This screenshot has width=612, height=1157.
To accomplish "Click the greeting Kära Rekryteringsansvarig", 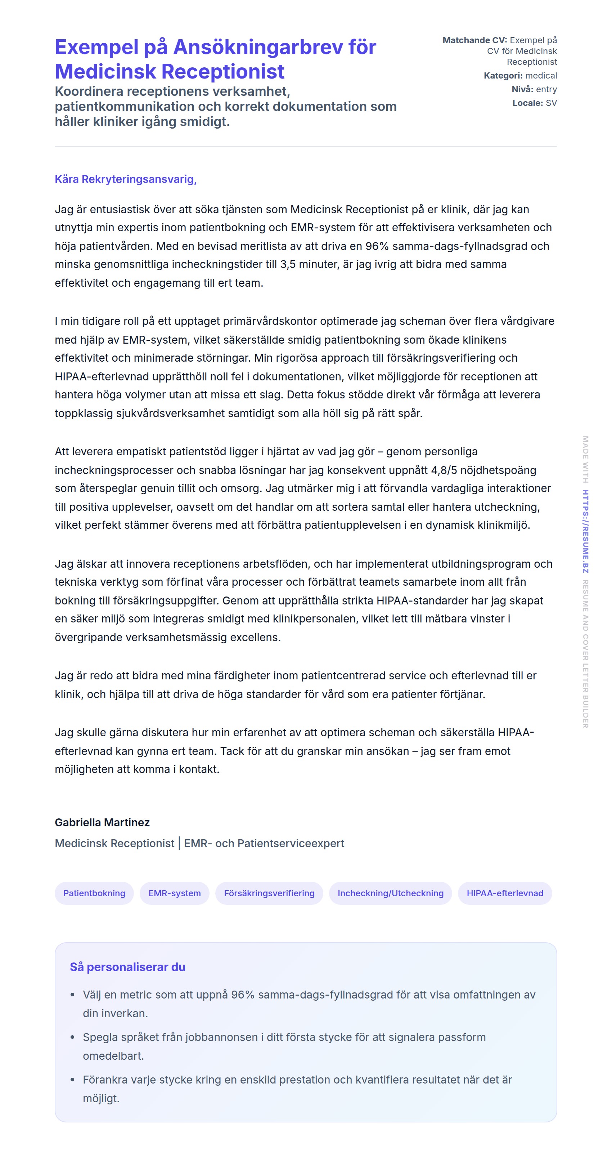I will pos(126,179).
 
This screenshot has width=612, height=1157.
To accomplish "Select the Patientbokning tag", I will pos(94,893).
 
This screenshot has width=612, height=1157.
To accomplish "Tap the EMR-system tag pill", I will pos(174,893).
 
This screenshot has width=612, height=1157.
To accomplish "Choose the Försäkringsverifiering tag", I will pos(269,893).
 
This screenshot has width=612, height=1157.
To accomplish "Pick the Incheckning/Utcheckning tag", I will pos(390,893).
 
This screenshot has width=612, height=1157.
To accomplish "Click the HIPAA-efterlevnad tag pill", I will pos(505,893).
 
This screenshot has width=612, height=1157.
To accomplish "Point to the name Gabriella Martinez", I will pos(102,822).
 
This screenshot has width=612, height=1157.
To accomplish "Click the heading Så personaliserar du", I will pos(127,967).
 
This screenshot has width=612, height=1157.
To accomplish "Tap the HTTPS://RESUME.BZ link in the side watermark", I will pos(585,531).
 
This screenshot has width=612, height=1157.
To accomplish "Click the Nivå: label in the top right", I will pos(522,89).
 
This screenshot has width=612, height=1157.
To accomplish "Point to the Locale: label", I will pos(528,103).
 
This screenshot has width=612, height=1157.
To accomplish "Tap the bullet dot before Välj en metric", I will pos(72,995).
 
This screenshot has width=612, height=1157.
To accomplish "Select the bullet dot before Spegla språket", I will pos(72,1037).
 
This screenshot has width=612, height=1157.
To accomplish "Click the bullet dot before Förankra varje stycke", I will pos(72,1080).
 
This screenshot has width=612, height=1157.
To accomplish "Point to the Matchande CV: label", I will pos(474,40).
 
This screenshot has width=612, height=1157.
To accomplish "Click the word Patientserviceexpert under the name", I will pos(291,844).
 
